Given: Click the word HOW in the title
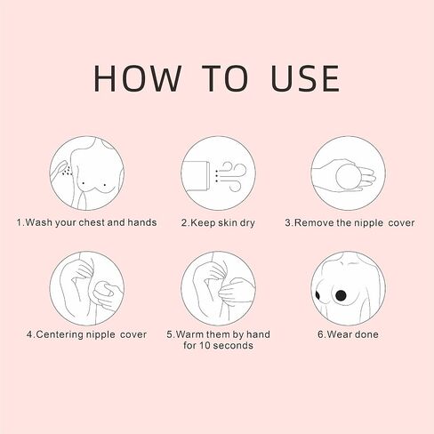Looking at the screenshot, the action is (138, 78).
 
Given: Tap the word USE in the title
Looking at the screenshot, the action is (305, 78).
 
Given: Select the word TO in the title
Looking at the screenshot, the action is (225, 78).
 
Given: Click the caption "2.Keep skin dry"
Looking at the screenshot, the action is (218, 223).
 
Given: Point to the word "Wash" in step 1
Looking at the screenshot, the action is (39, 222).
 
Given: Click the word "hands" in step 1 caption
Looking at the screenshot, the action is (142, 222).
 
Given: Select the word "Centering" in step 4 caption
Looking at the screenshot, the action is (60, 334).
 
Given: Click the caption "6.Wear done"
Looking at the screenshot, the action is (348, 334).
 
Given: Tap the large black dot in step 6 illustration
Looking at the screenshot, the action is (341, 294).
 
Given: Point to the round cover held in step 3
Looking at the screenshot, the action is (349, 177).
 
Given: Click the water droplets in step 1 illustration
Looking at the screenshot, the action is (68, 171).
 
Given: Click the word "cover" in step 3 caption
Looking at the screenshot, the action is (401, 223).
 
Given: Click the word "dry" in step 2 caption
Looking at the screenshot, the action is (247, 223).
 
